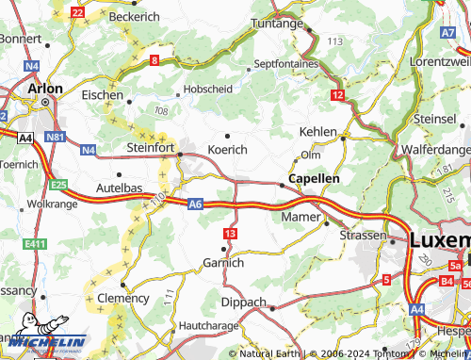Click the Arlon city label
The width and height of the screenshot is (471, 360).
(45, 88)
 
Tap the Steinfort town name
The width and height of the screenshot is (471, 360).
(151, 148)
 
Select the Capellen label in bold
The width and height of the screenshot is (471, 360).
(314, 178)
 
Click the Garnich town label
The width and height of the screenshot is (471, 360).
(223, 263)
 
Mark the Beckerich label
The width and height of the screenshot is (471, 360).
(135, 17)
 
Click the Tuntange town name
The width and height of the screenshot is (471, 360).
(280, 25)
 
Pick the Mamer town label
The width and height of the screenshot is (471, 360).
(301, 218)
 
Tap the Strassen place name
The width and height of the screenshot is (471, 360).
(363, 235)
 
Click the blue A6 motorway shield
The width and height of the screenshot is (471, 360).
(195, 203)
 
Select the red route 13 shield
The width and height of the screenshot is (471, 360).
(231, 232)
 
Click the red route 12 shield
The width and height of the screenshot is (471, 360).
(337, 96)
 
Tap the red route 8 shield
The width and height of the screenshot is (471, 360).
(154, 61)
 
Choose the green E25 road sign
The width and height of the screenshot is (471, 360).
(59, 184)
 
